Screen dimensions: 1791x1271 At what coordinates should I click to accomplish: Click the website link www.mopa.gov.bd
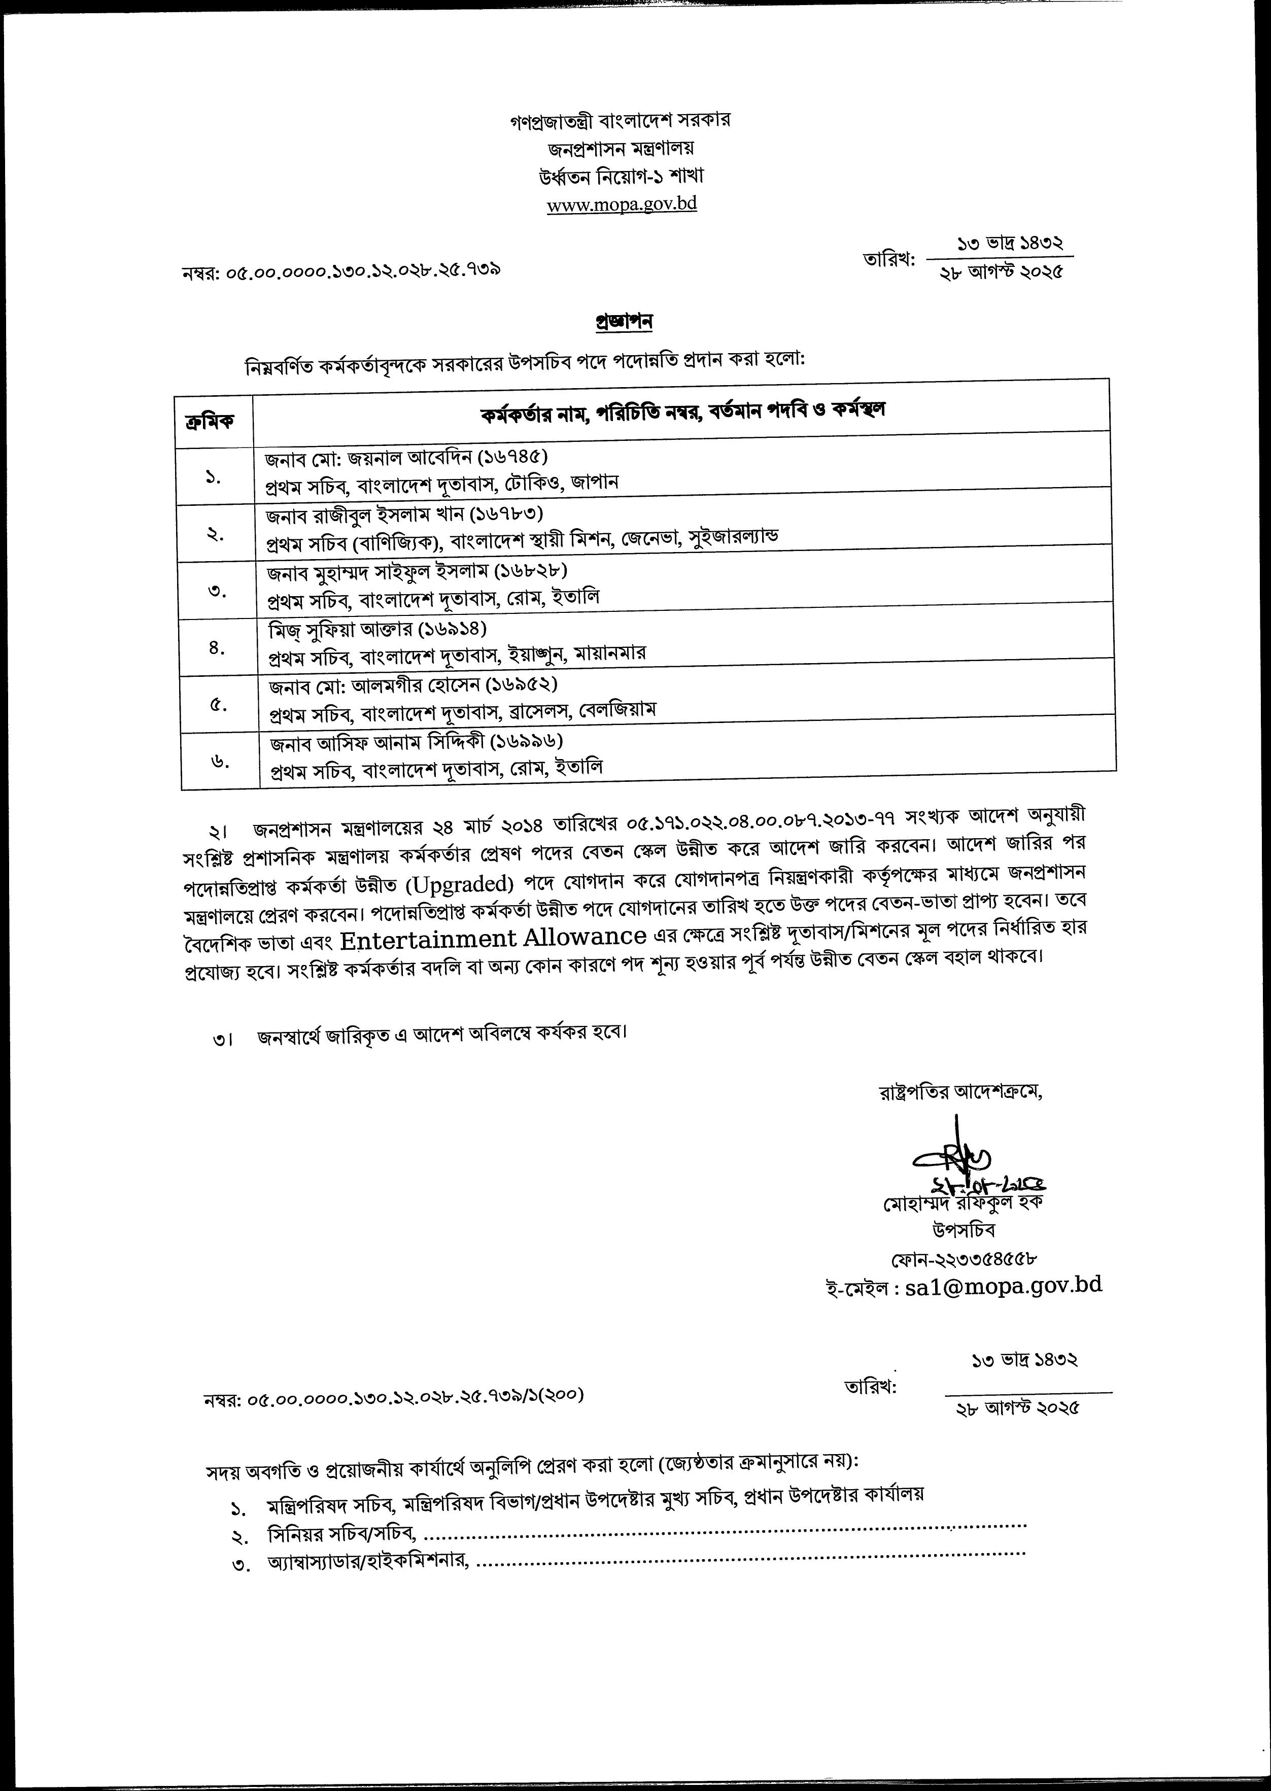(622, 205)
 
